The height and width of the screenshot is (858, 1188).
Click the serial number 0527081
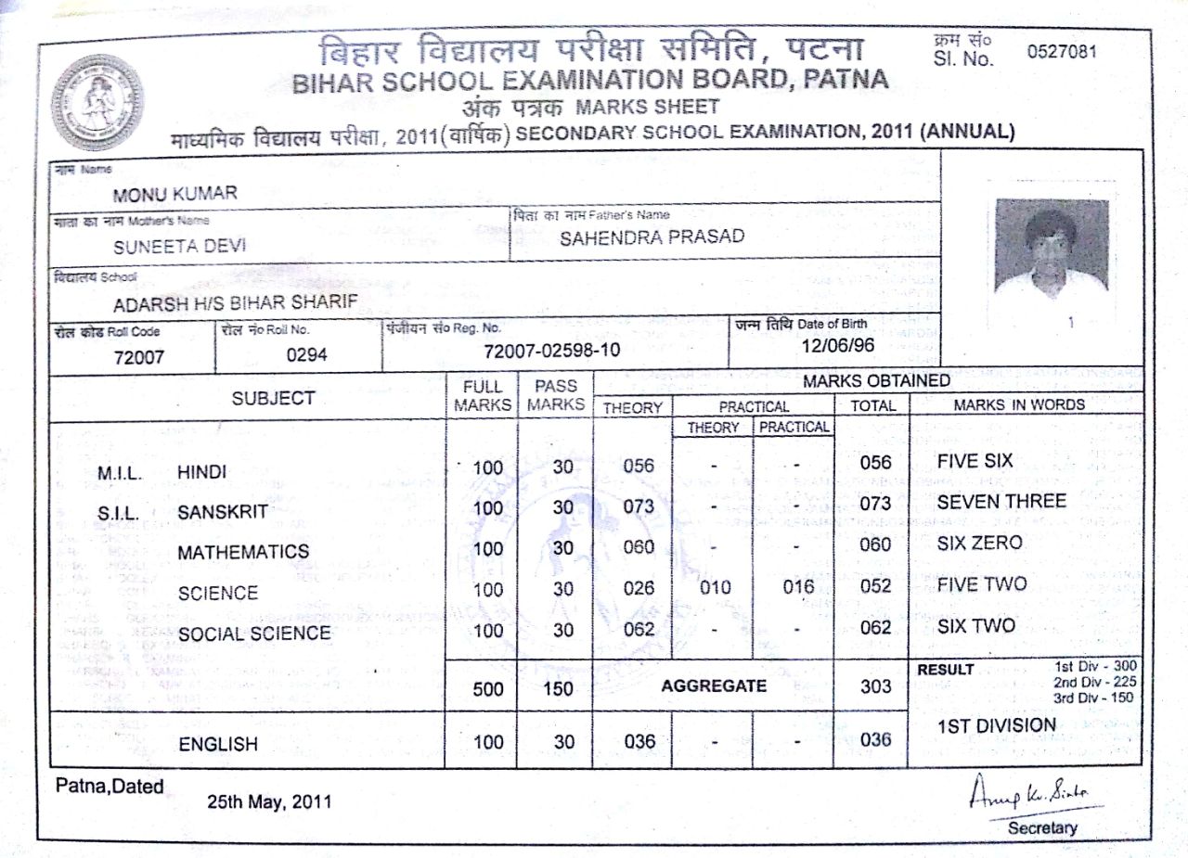1062,52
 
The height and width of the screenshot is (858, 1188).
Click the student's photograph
1051,248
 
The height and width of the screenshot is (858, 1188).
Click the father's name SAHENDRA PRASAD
652,237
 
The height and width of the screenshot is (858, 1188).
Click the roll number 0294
306,353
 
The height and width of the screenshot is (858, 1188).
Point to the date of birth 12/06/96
837,345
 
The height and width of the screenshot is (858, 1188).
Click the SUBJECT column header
273,398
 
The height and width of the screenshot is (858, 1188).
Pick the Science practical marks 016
797,587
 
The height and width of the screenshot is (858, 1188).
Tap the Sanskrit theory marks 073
639,506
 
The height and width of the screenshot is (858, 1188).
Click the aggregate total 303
875,686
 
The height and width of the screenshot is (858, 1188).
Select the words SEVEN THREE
1001,501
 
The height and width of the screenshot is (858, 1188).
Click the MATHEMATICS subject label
243,552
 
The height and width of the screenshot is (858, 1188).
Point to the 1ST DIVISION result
996,725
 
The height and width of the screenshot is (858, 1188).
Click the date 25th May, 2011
268,801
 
